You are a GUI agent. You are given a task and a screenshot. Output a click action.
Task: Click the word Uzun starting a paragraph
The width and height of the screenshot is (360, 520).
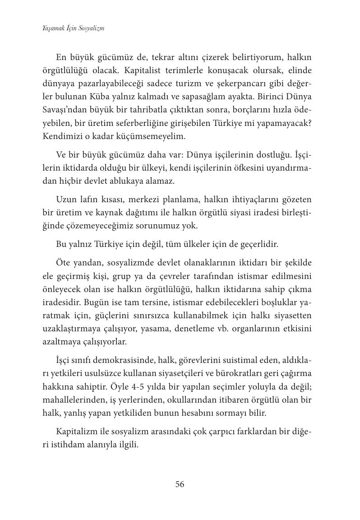click(67, 200)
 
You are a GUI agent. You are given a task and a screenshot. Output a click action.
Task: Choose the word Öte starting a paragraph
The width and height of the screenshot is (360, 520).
click(63, 263)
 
